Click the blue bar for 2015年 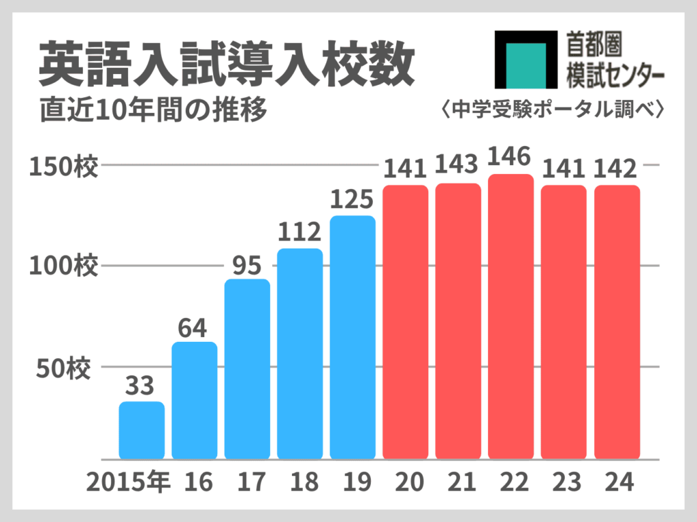pos(142,430)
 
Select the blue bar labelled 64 pos(194,400)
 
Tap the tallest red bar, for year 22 pos(510,317)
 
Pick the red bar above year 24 pos(617,322)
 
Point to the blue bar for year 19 pos(353,337)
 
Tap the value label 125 pos(352,200)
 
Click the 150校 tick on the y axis pos(64,166)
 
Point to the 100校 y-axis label pos(64,266)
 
